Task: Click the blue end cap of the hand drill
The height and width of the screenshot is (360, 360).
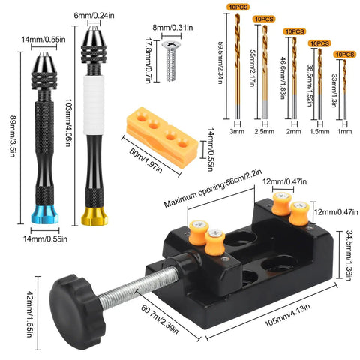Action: point(45,214)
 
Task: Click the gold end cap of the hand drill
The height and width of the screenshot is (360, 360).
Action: point(94,217)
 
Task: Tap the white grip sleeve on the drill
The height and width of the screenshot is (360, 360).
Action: point(94,105)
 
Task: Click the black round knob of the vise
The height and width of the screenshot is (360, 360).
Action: point(76,311)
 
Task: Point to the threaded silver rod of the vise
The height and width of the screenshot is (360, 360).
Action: point(139,286)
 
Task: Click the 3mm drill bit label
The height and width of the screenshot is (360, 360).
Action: point(237,131)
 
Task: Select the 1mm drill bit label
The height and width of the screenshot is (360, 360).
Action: point(345,131)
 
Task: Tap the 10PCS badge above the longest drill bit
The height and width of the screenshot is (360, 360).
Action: point(238,7)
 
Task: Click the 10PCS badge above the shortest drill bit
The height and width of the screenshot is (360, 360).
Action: point(345,55)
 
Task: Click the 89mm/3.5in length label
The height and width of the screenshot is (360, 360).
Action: point(13,136)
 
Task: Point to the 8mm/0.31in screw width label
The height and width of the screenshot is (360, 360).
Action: point(172,28)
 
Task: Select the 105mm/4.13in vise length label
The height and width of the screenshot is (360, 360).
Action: point(287,315)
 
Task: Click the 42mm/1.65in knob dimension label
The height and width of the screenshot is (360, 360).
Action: point(30,314)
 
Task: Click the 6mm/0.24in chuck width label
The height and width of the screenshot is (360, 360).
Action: point(94,16)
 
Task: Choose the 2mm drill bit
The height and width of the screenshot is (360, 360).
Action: point(295,78)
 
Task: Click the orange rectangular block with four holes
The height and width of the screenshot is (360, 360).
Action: point(162,136)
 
